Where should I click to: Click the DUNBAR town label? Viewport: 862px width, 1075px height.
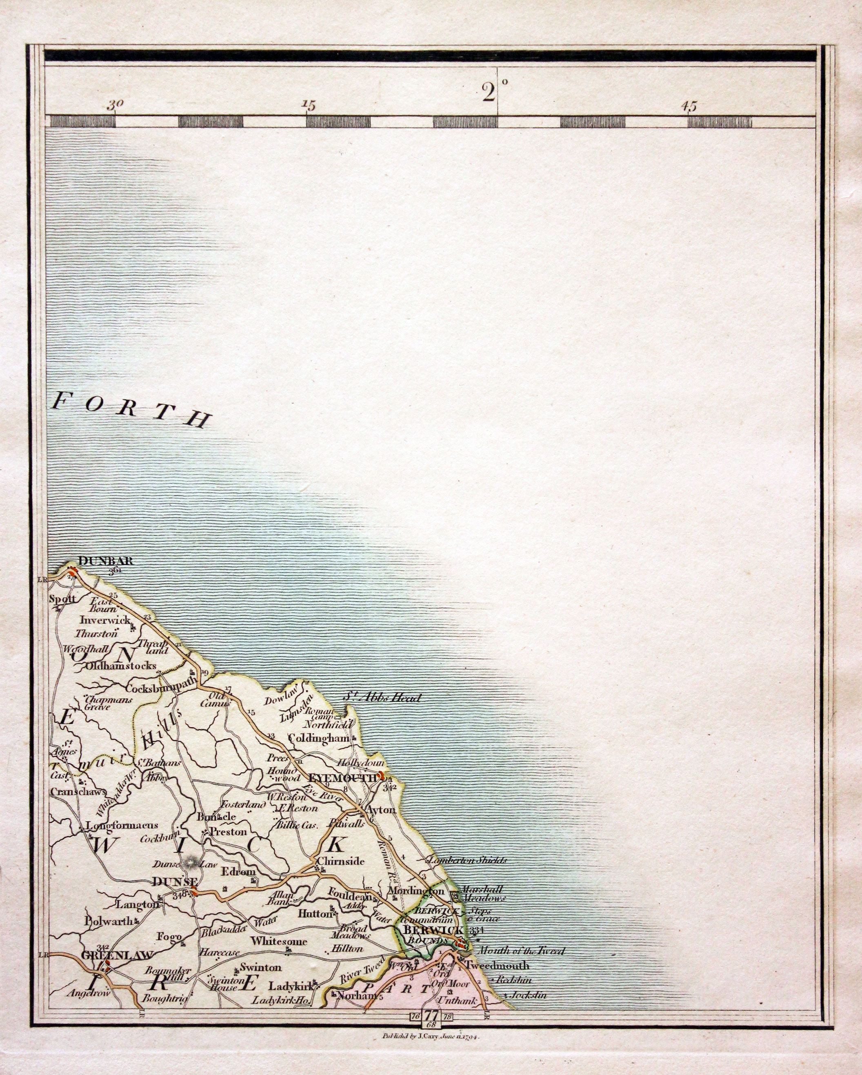point(106,561)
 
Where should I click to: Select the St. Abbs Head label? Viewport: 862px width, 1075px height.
point(383,697)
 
